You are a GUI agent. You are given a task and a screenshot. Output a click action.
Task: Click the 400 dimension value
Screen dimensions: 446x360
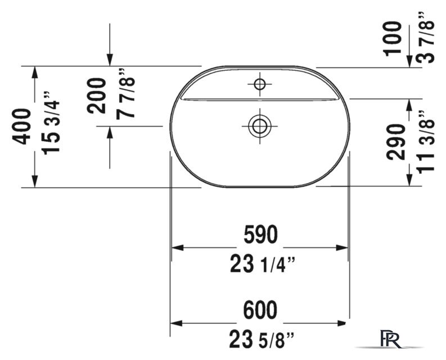coord(21,127)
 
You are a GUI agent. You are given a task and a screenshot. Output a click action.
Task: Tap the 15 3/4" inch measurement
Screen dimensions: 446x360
coord(51,123)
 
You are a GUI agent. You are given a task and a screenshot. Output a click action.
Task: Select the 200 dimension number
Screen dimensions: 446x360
coord(96,96)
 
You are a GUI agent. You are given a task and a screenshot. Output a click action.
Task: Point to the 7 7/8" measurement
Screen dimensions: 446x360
coord(125,93)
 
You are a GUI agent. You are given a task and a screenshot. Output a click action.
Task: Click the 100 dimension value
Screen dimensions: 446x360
coord(392,39)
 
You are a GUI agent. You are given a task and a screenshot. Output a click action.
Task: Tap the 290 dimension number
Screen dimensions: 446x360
coord(395,141)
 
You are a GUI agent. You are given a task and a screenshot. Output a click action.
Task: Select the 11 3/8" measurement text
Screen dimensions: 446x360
coord(426,141)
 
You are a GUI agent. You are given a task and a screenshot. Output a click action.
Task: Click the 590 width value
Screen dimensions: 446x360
coord(260,234)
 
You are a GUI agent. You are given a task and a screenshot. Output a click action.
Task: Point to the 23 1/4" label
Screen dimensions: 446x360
coord(262,264)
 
